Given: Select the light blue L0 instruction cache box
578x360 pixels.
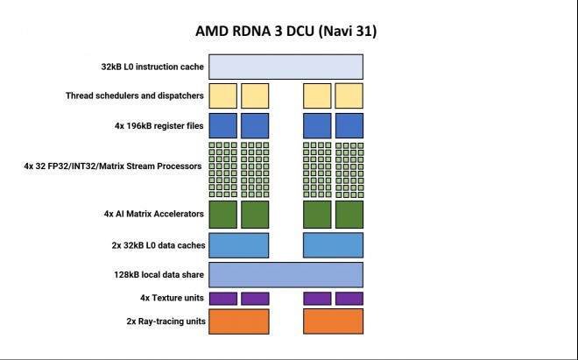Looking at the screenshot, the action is (286, 67).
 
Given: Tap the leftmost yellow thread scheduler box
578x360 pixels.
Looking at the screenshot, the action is (223, 95).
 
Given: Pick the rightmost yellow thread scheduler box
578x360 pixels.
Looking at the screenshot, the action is (349, 95).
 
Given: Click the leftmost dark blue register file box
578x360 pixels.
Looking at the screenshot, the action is (223, 126).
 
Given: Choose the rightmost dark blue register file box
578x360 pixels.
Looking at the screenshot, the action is (349, 126).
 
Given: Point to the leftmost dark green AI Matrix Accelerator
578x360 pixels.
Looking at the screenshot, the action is (223, 215).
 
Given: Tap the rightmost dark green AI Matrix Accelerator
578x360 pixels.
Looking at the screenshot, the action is (349, 215).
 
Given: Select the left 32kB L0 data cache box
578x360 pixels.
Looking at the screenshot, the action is (239, 245).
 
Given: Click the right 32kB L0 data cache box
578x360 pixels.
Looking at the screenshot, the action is (334, 245).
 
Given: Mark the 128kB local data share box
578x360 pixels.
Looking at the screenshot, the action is (286, 275).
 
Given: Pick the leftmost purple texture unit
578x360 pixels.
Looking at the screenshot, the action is (223, 299).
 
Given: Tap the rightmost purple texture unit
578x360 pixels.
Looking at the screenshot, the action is (349, 299).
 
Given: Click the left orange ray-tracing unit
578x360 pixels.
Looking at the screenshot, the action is (239, 321).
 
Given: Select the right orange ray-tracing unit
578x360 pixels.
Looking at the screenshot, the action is (334, 321).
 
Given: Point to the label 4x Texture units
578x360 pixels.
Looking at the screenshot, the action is (172, 298).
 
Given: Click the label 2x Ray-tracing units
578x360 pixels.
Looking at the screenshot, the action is (166, 321).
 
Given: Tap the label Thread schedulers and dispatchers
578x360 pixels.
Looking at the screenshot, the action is (135, 95).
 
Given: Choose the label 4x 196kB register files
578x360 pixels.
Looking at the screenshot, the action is (159, 126).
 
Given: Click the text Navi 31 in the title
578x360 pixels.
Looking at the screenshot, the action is (348, 31).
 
